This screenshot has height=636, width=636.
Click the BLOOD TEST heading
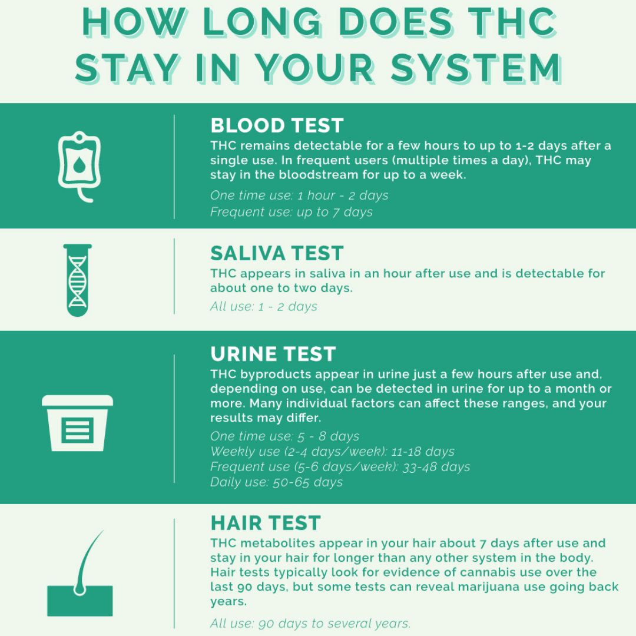click(x=277, y=125)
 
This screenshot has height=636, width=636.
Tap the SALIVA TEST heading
click(x=277, y=253)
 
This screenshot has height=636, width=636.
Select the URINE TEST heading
click(x=273, y=354)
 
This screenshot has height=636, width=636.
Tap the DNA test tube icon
click(x=78, y=280)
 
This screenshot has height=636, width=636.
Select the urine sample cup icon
click(x=78, y=423)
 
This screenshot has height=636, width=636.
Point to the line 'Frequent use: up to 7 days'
click(x=291, y=212)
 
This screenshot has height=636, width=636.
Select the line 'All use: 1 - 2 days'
click(x=264, y=306)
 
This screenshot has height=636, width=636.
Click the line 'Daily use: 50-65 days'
click(x=276, y=482)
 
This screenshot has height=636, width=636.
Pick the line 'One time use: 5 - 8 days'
click(x=285, y=436)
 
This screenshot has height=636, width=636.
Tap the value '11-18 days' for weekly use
click(x=423, y=452)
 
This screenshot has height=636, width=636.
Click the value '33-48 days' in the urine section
click(x=436, y=467)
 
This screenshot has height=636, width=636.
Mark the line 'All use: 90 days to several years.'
click(x=310, y=623)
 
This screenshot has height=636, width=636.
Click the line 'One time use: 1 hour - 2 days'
click(x=299, y=196)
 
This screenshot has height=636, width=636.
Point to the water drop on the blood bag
click(x=79, y=164)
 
